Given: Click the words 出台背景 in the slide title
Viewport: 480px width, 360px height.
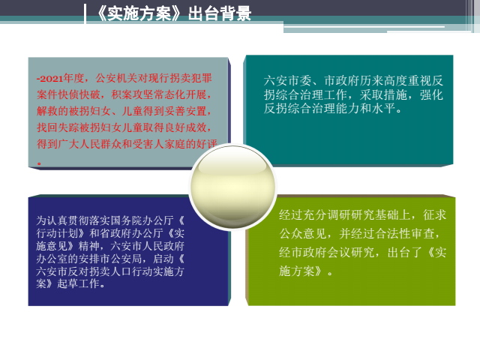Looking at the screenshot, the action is (220, 13).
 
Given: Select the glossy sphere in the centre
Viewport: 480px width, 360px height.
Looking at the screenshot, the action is (232, 187).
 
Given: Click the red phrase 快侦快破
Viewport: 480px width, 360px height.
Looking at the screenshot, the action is (79, 94).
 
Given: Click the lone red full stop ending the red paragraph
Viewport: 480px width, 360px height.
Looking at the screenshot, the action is (39, 163).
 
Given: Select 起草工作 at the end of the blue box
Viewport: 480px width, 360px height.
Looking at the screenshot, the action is (78, 283).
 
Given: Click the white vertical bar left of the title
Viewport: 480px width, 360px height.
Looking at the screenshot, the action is (85, 13).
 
